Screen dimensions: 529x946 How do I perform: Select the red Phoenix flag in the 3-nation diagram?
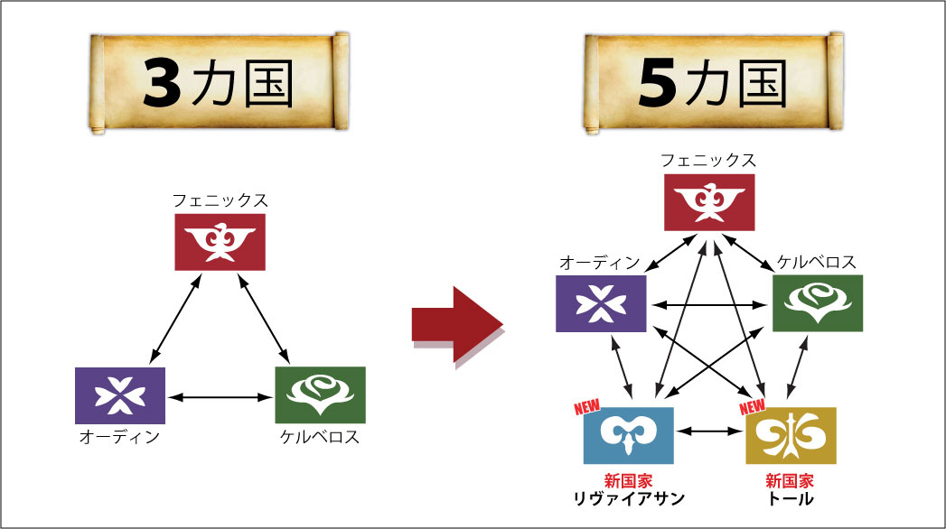(x=220, y=242)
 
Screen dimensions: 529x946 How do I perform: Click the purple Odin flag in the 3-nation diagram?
(x=120, y=395)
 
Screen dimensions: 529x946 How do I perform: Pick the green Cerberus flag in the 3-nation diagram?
(x=320, y=395)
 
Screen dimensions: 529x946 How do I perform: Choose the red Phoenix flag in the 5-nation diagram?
(x=709, y=202)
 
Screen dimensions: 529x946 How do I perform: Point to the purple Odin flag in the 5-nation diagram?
(x=601, y=303)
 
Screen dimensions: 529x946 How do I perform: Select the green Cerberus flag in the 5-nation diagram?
(x=818, y=303)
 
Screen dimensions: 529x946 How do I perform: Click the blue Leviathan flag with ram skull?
(x=628, y=435)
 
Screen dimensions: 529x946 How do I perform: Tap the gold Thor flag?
(x=791, y=435)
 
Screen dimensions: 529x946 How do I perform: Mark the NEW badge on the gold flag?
(x=753, y=408)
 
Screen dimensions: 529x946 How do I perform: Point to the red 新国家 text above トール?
(x=790, y=480)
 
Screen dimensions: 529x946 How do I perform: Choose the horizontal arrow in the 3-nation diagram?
(x=220, y=395)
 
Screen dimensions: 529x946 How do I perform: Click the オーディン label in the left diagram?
(x=119, y=438)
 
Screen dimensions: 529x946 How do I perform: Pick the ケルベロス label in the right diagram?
(x=817, y=263)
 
